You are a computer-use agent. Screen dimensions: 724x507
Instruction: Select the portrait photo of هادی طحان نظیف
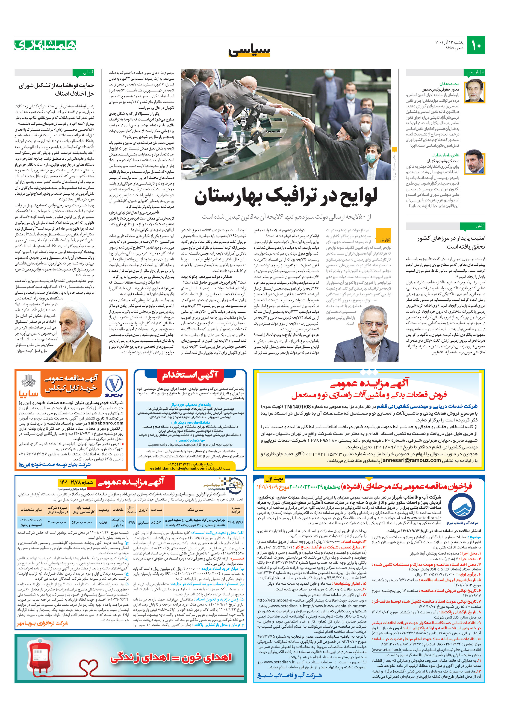475,162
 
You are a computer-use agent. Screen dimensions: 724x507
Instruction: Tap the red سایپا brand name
29,394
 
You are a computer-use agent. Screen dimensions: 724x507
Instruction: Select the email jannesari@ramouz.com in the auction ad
407,460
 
